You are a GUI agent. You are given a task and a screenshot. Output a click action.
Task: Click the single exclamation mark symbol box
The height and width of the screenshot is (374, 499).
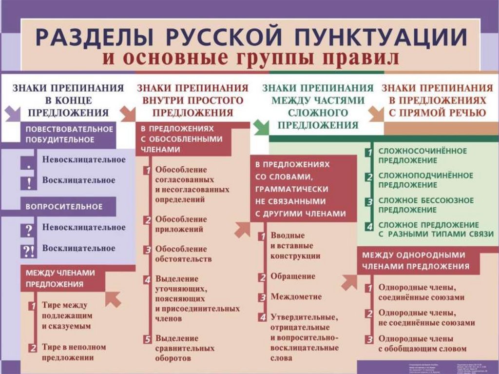pyautogui.click(x=29, y=182)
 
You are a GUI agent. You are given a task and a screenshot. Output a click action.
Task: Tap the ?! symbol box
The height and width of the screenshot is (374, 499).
pyautogui.click(x=28, y=250)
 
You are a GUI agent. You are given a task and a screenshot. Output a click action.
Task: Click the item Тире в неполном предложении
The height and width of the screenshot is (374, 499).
pyautogui.click(x=73, y=352)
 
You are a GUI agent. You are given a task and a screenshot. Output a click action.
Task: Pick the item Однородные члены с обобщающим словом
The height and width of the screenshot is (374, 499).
pyautogui.click(x=422, y=343)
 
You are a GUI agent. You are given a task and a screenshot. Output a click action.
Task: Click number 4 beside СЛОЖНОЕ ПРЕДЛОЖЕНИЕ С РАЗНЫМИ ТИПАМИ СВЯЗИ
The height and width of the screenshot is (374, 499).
pyautogui.click(x=370, y=227)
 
